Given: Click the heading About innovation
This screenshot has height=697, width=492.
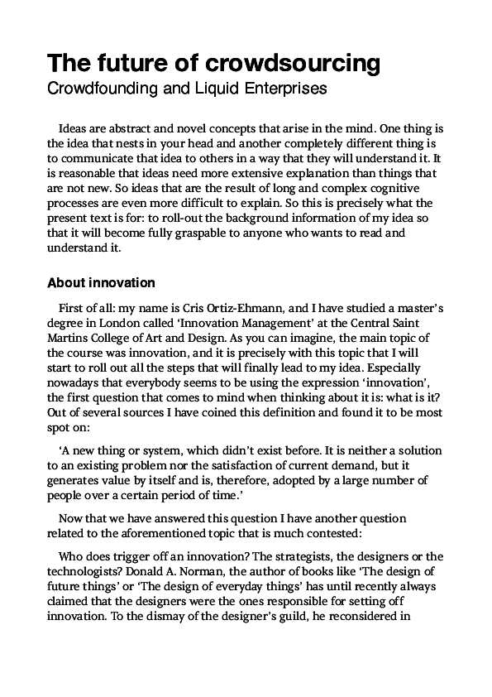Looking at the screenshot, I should (101, 282).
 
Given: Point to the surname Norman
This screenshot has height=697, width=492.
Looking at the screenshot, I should (193, 571).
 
